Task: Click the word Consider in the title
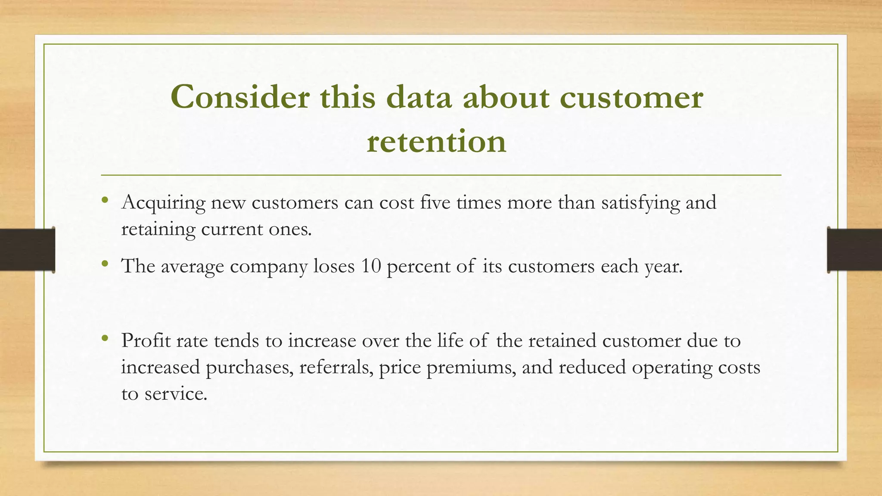239,97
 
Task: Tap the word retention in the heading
436,141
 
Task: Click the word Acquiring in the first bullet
163,203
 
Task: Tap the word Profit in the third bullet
146,341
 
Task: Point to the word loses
334,266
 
